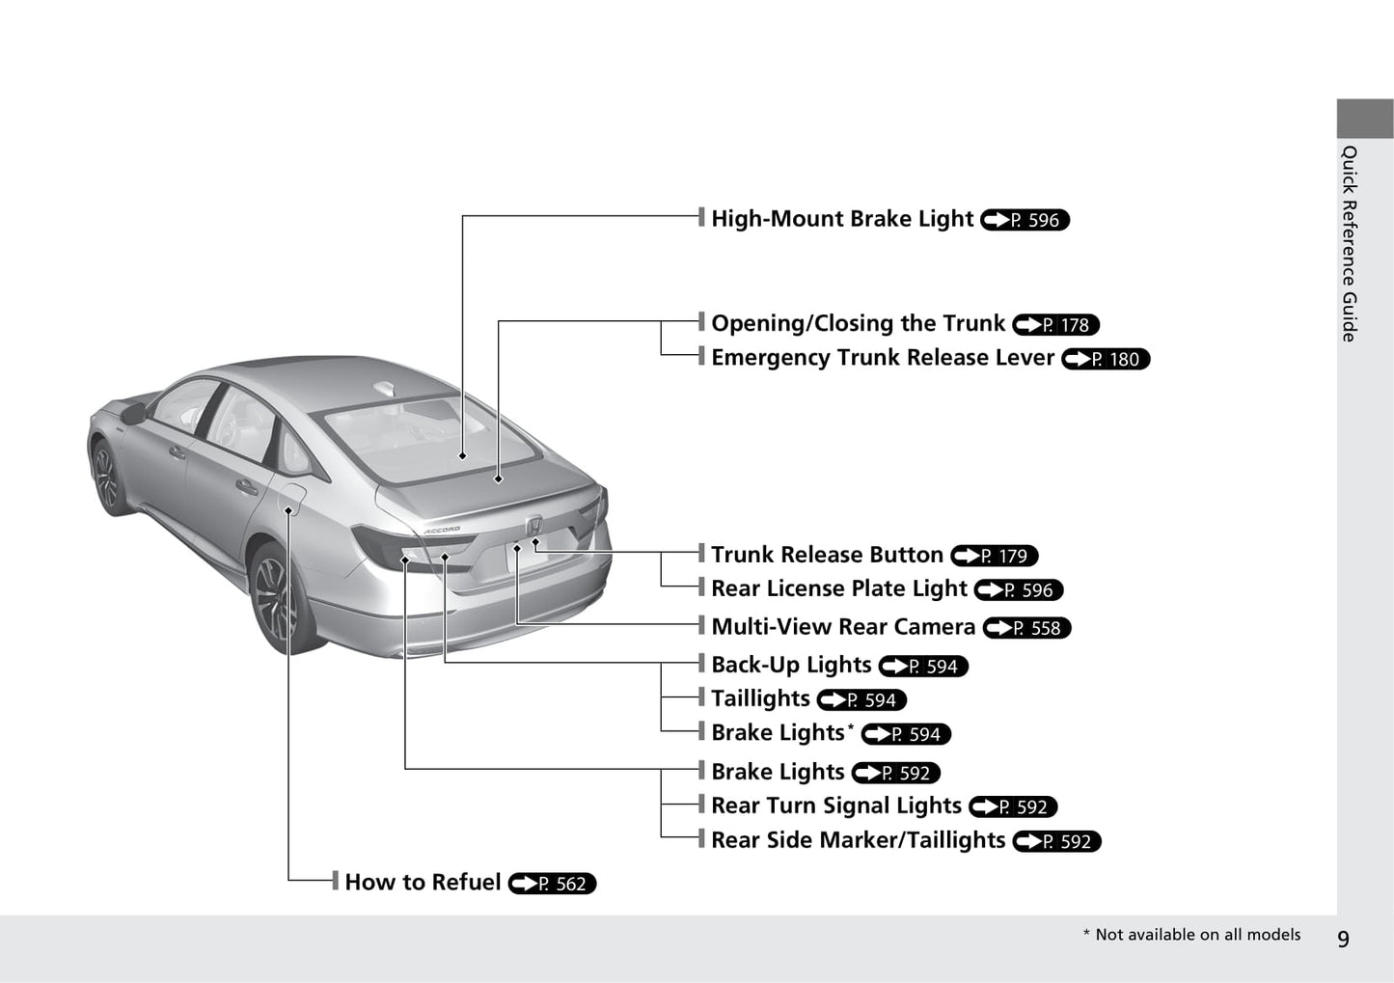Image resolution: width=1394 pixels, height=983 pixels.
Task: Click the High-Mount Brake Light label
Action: [x=841, y=219]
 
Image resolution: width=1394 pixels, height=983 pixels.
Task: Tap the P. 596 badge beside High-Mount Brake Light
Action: [x=1025, y=220]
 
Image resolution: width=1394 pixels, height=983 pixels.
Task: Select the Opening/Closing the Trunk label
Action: [x=858, y=323]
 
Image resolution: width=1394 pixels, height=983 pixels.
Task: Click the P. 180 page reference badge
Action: [x=1106, y=359]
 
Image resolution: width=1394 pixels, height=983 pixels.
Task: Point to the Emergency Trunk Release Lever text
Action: [x=882, y=358]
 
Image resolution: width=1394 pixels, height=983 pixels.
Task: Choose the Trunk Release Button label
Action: [x=827, y=555]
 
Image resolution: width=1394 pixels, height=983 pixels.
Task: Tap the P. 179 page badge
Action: [x=994, y=556]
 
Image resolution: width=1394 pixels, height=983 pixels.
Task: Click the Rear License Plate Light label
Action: [x=838, y=588]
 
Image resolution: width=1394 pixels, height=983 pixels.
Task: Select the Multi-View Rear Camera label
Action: [x=842, y=627]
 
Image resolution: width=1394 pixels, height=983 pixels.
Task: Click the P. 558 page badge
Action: [x=1026, y=628]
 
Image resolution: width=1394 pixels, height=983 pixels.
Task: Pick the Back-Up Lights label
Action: [x=791, y=665]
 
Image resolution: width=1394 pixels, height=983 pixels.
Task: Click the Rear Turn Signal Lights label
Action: [x=835, y=806]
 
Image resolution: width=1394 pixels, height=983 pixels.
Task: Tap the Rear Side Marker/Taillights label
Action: [x=858, y=840]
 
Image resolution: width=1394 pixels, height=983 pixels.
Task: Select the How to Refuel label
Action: [x=423, y=883]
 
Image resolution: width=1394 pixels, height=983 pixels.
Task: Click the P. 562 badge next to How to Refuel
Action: [x=552, y=884]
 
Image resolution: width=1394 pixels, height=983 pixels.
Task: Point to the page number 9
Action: [x=1343, y=939]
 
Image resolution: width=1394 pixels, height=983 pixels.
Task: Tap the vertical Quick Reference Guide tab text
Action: [x=1350, y=243]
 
